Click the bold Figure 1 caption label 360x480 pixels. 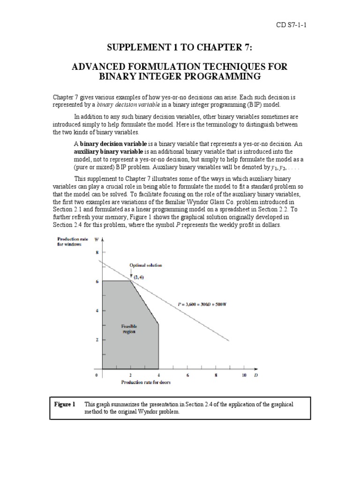pyautogui.click(x=65, y=404)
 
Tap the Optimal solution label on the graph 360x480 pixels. pyautogui.click(x=146, y=265)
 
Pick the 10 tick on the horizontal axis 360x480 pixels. pyautogui.click(x=244, y=375)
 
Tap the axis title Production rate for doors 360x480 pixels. pyautogui.click(x=146, y=382)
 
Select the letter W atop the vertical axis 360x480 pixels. pyautogui.click(x=97, y=240)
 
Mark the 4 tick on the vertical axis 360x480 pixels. pyautogui.click(x=98, y=311)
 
